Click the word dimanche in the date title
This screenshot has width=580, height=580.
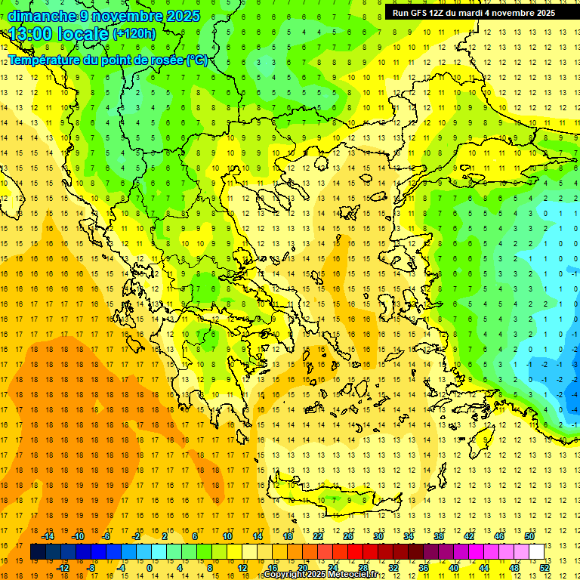[42, 16]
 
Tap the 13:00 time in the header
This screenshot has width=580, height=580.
[31, 34]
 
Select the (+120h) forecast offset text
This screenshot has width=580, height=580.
[134, 34]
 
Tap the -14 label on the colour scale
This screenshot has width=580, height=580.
[49, 536]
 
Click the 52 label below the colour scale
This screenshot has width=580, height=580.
[545, 568]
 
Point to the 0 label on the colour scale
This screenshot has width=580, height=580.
[150, 568]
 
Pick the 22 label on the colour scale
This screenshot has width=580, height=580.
[318, 536]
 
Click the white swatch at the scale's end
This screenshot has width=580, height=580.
[536, 552]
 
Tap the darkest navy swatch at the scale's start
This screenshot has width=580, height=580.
[38, 552]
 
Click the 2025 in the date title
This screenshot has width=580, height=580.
[184, 16]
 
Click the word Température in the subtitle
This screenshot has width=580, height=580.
[45, 60]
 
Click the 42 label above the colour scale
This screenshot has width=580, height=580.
[468, 536]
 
